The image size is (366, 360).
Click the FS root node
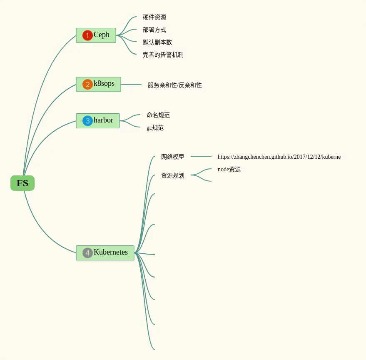[x=22, y=183]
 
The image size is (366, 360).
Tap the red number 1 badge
[x=87, y=35]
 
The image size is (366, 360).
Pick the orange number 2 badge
[x=87, y=85]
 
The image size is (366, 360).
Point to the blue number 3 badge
[x=87, y=121]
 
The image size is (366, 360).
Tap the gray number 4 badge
[x=87, y=253]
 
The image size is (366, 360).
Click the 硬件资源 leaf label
[x=154, y=17]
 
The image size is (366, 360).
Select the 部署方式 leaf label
[x=154, y=30]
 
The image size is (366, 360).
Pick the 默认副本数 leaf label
[x=157, y=42]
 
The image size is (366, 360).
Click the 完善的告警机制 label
[x=163, y=55]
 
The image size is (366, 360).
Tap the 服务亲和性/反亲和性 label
[x=175, y=85]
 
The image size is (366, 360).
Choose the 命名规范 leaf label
[x=158, y=115]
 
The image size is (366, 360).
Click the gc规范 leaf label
[x=155, y=127]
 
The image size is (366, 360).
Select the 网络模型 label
[x=173, y=157]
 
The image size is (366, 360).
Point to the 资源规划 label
[x=173, y=175]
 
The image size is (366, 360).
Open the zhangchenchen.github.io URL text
[x=279, y=157]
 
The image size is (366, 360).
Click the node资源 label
[x=229, y=169]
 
